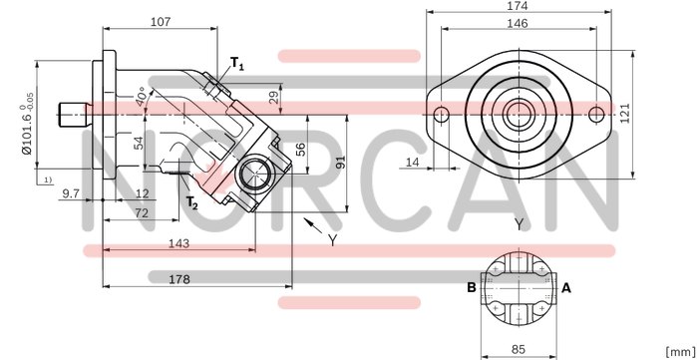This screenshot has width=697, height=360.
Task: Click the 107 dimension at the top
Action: (160, 21)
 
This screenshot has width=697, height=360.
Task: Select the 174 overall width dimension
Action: (519, 6)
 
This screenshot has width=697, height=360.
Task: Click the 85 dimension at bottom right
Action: (519, 349)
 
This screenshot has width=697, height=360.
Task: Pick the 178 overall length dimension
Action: (179, 280)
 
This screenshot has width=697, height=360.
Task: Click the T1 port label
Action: (237, 65)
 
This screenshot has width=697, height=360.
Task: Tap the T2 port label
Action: (191, 203)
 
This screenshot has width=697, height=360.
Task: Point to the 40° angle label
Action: (145, 99)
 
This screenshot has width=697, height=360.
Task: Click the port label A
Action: (566, 288)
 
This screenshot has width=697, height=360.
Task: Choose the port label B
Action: (471, 288)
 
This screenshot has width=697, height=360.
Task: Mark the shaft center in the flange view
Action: (519, 114)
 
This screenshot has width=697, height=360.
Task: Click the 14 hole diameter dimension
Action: (412, 161)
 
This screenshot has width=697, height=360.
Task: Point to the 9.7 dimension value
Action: (71, 192)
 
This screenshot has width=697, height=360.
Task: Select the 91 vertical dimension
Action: (341, 162)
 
